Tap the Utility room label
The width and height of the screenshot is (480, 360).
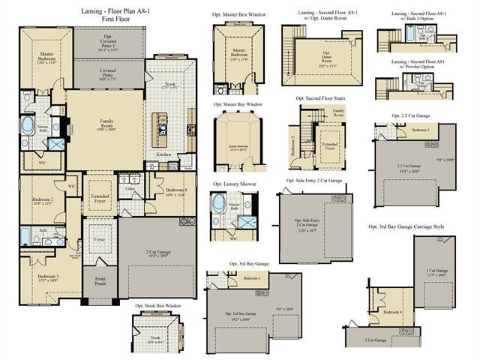[x=130, y=189]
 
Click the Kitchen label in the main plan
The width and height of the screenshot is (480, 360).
[x=163, y=154]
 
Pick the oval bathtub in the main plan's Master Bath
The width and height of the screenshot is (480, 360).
[x=28, y=124]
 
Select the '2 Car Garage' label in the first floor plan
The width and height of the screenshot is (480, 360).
[x=157, y=253]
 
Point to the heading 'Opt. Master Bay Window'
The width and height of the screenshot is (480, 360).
[x=238, y=104]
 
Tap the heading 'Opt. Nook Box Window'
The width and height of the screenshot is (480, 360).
[x=158, y=306]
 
